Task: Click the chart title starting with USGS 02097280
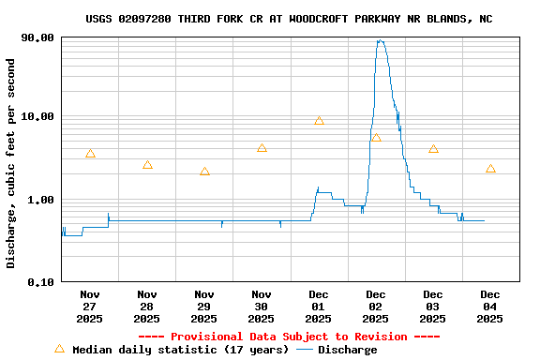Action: [x=289, y=19]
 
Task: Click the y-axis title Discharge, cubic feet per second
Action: [x=11, y=163]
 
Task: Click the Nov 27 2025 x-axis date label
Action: [x=90, y=307]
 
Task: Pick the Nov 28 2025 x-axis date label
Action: [x=147, y=307]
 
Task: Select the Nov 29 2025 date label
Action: [x=204, y=307]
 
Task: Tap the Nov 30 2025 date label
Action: [x=262, y=307]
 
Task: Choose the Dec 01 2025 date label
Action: [x=319, y=307]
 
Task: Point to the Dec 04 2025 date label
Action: [x=490, y=307]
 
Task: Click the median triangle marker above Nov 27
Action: [x=90, y=154]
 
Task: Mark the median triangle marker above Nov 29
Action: [x=204, y=172]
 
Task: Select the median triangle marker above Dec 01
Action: [x=319, y=121]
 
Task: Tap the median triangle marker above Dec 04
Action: [x=490, y=169]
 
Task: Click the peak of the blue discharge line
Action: [x=380, y=40]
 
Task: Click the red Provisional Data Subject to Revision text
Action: [x=289, y=337]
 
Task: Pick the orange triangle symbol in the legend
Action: [x=59, y=349]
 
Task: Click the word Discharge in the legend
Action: [x=347, y=350]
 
